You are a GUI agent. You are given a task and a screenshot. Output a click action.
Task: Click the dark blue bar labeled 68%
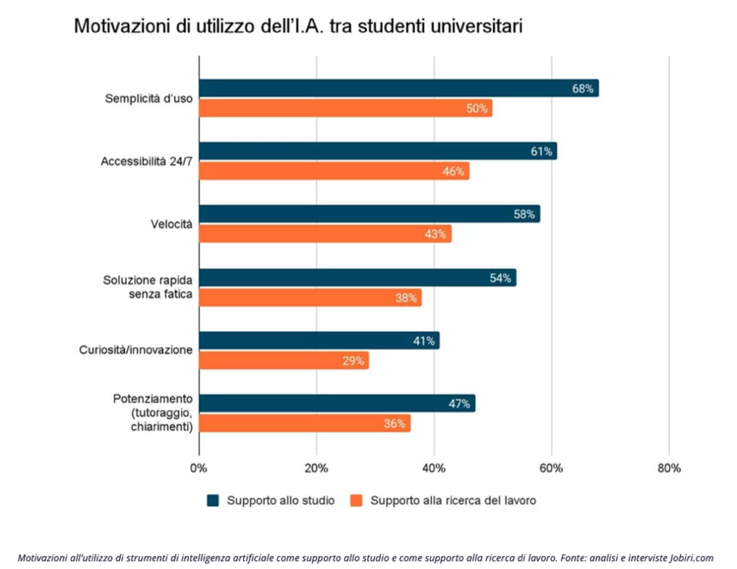(x=398, y=88)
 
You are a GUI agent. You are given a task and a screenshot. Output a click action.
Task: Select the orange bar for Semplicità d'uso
(x=345, y=109)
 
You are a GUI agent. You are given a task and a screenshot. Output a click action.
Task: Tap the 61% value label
(x=541, y=152)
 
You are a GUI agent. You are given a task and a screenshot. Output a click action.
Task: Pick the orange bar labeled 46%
(x=334, y=172)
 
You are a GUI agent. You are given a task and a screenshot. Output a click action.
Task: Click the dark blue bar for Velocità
(x=369, y=214)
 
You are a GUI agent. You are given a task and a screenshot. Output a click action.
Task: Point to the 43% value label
(x=435, y=234)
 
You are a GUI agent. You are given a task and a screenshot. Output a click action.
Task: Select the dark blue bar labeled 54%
(x=357, y=278)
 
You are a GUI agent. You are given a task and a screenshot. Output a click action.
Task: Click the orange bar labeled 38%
(x=310, y=298)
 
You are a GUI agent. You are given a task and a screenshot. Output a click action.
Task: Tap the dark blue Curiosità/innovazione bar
(x=319, y=341)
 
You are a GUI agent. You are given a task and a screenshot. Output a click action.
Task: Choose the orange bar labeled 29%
(x=284, y=361)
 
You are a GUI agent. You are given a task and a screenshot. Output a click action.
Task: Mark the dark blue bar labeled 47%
(x=337, y=403)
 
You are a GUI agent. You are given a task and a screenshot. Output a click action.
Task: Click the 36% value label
(x=395, y=424)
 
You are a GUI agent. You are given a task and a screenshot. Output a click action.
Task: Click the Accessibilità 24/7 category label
(x=146, y=161)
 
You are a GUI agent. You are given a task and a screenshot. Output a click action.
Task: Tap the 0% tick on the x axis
(x=199, y=468)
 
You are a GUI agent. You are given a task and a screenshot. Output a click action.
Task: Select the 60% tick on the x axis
(x=552, y=468)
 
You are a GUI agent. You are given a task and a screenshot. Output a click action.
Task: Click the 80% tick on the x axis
(x=669, y=468)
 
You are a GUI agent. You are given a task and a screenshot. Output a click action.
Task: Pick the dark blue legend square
(x=213, y=500)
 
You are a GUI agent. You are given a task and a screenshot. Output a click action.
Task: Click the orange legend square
(x=356, y=500)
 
